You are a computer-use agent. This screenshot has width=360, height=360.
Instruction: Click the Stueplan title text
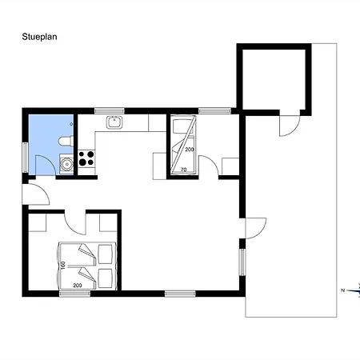tap(39, 37)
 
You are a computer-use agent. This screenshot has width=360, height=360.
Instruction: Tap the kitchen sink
tap(114, 122)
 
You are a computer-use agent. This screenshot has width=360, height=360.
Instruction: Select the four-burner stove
tap(86, 158)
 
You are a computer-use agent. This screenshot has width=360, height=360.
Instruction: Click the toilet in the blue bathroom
tap(66, 142)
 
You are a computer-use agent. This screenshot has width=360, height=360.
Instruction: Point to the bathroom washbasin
tap(66, 164)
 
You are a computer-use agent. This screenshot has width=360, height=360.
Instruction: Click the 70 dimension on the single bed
tap(183, 170)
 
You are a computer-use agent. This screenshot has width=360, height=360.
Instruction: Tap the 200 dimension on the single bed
tap(190, 150)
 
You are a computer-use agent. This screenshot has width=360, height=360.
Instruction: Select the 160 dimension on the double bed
tap(63, 266)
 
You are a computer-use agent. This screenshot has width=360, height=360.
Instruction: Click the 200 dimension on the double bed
tap(78, 286)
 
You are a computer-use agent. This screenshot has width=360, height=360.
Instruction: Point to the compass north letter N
tap(343, 290)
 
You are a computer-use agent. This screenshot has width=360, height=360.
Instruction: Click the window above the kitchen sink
tap(110, 110)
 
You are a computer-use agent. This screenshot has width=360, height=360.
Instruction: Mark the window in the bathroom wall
tap(26, 158)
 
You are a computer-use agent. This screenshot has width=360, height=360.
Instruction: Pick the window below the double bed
tap(74, 294)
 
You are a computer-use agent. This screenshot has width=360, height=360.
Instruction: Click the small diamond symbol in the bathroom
tap(71, 124)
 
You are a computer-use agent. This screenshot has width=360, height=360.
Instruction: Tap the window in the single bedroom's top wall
tap(214, 110)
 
